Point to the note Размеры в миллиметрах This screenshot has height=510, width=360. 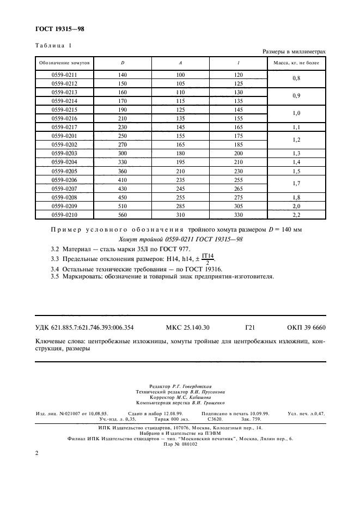pos(294,52)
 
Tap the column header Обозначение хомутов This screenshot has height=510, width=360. pos(64,63)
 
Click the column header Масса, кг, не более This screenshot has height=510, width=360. pos(296,63)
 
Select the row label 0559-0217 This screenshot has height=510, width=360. pos(64,127)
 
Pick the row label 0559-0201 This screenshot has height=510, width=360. pos(64,136)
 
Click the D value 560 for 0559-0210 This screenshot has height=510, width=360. pos(122,215)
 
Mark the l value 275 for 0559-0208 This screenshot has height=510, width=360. pos(238,198)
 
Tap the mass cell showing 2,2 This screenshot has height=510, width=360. pos(296,215)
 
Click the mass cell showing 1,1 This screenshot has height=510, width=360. pos(296,127)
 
